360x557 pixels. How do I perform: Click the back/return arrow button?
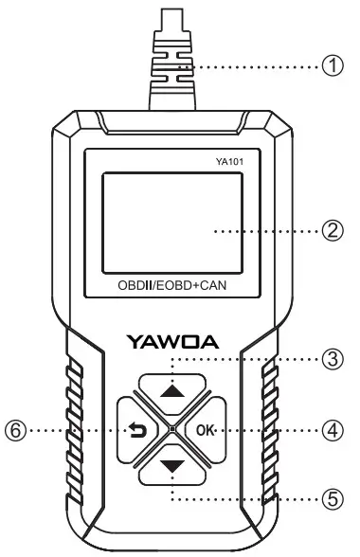[135, 431]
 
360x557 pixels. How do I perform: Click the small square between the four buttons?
[171, 431]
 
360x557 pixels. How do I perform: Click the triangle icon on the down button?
[171, 467]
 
